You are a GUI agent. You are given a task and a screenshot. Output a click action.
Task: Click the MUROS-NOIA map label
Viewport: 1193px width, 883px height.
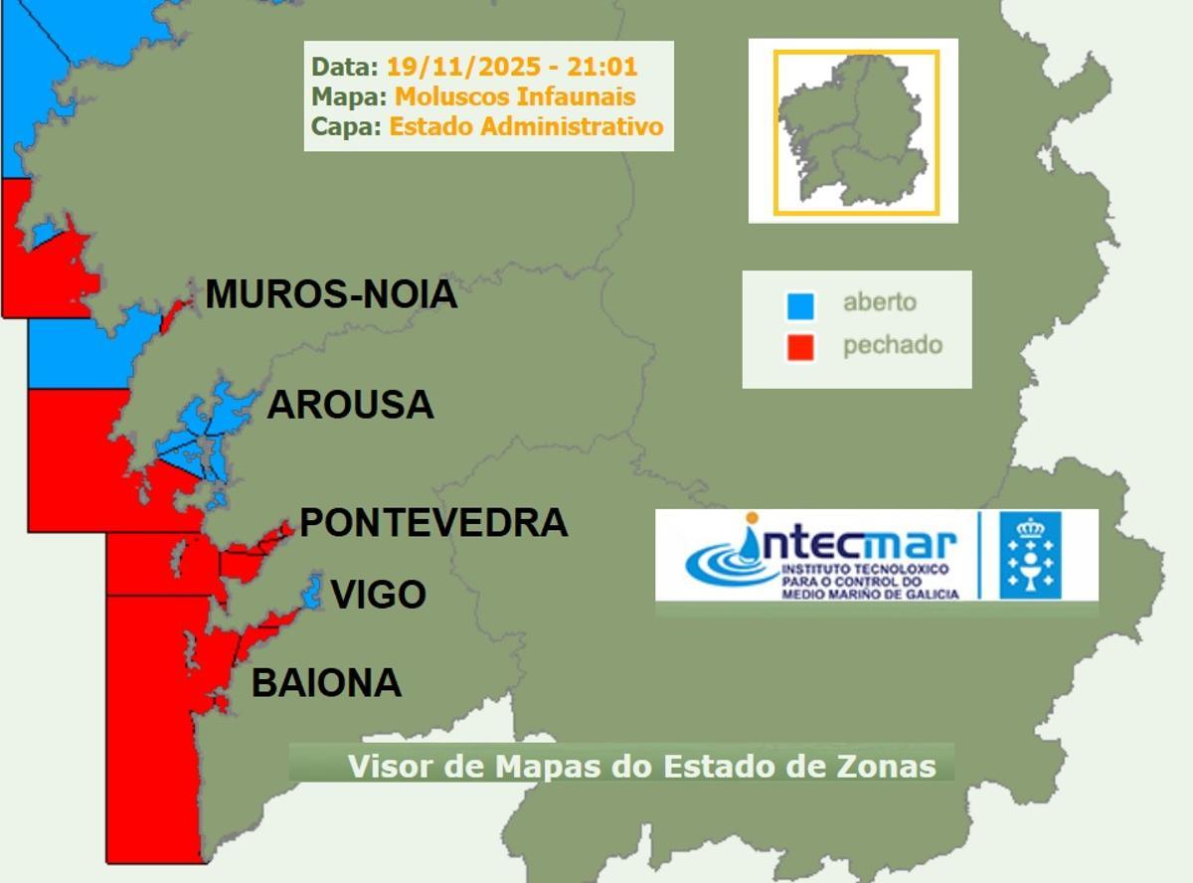pyautogui.click(x=331, y=294)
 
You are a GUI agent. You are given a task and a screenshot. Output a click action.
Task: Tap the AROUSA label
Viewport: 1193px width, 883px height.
pyautogui.click(x=351, y=405)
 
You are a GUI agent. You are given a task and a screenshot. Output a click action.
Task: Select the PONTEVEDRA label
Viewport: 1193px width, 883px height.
pyautogui.click(x=433, y=522)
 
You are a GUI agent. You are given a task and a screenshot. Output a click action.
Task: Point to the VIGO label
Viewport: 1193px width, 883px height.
pyautogui.click(x=379, y=595)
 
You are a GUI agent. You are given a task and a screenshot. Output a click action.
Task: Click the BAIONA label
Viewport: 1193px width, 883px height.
pyautogui.click(x=326, y=683)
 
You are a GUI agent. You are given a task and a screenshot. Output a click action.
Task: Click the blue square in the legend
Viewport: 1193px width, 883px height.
pyautogui.click(x=800, y=305)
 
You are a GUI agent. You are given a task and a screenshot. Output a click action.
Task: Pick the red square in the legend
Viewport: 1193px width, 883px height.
pyautogui.click(x=800, y=347)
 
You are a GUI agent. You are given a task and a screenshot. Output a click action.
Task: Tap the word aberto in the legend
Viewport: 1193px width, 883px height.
pyautogui.click(x=880, y=302)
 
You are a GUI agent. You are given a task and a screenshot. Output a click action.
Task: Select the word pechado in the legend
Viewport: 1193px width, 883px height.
pyautogui.click(x=892, y=345)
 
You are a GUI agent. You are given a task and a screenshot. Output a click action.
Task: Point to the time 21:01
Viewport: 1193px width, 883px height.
pyautogui.click(x=602, y=68)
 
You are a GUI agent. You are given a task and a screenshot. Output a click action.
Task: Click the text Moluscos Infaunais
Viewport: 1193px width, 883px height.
pyautogui.click(x=515, y=96)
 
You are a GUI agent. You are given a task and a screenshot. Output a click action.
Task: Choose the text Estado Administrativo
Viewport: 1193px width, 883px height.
pyautogui.click(x=526, y=126)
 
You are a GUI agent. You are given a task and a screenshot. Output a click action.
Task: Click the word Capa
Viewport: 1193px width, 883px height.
pyautogui.click(x=344, y=126)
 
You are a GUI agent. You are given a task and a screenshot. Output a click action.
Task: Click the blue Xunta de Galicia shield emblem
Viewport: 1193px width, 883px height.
pyautogui.click(x=1030, y=555)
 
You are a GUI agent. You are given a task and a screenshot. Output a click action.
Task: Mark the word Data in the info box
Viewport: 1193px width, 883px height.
pyautogui.click(x=343, y=68)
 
